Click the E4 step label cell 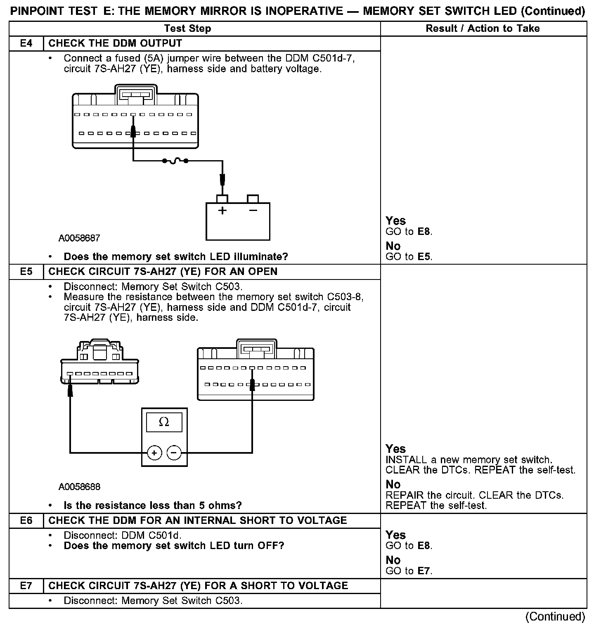tap(26, 43)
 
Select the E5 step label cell tap(26, 272)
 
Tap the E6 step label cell tap(26, 520)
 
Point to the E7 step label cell tap(26, 585)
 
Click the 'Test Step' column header tap(187, 28)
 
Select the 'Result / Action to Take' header tap(483, 28)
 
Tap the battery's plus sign tap(222, 211)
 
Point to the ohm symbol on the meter tap(164, 422)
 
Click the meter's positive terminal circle tap(154, 453)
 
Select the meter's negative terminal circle tap(174, 453)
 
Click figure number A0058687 tap(79, 238)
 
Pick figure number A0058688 tap(79, 487)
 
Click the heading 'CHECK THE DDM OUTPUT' tap(115, 43)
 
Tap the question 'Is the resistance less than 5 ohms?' tap(153, 505)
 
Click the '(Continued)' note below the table tap(555, 616)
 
